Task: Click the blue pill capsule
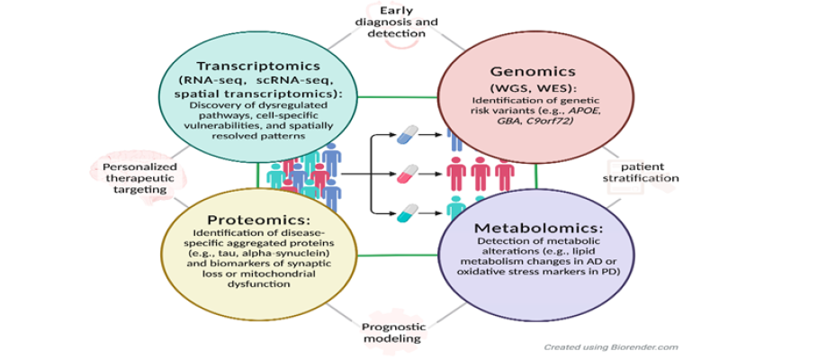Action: (409, 135)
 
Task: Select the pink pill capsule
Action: (409, 172)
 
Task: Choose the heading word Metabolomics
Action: (526, 228)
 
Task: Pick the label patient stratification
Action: (643, 172)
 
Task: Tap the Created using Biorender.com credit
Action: (611, 346)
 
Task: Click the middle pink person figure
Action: (481, 172)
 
